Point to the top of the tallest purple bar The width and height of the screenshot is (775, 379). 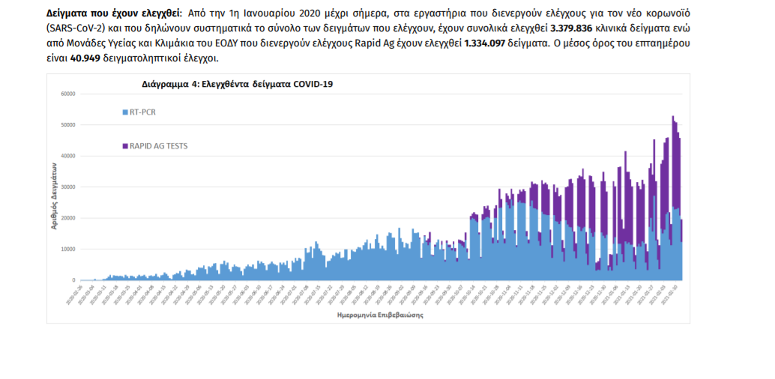coord(672,116)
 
